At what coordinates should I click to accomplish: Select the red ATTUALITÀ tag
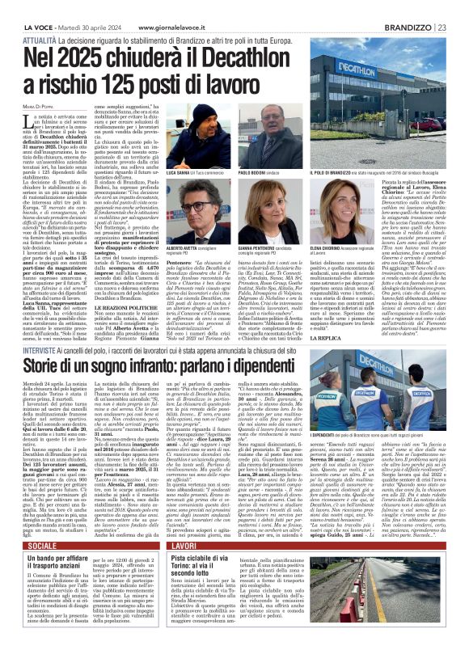pos(40,16)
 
